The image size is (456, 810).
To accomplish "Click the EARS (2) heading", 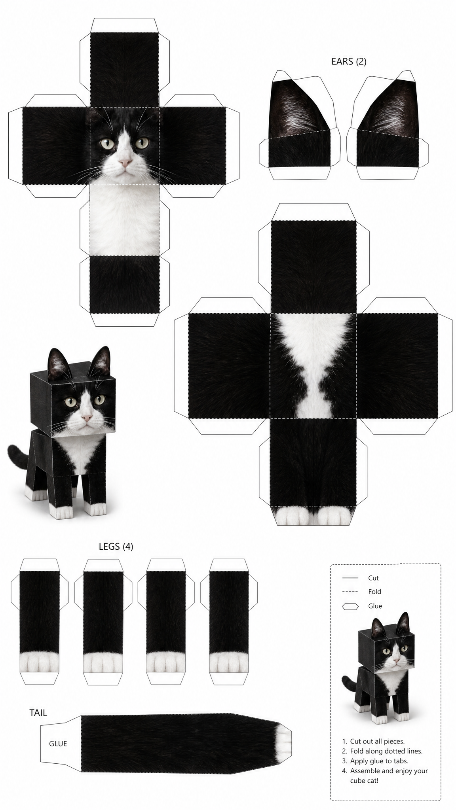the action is point(349,61).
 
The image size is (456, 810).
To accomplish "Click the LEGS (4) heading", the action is point(116,547).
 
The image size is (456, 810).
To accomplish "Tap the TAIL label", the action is point(38,713).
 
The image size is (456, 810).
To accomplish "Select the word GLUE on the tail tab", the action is point(58,744).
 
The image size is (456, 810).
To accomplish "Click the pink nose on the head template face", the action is point(125,162).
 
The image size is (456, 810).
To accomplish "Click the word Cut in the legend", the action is point(373,578).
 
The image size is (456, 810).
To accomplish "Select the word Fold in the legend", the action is point(374,592).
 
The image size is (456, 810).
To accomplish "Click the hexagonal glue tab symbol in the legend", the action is point(351,606).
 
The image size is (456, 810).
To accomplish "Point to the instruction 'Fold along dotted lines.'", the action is point(386,751).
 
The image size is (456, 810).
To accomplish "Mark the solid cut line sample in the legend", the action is point(350,578).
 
